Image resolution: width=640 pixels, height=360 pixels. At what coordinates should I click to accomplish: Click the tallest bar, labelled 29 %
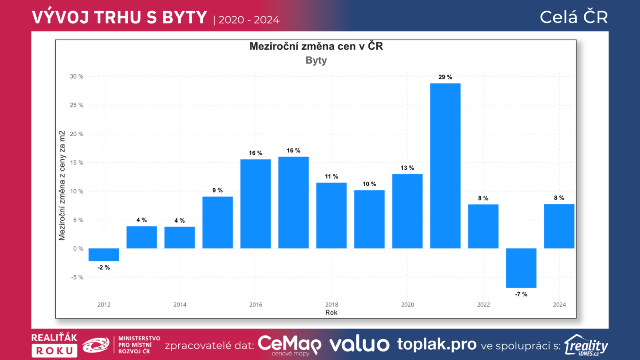(x=445, y=166)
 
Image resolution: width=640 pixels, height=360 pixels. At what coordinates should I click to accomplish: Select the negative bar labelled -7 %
(x=521, y=268)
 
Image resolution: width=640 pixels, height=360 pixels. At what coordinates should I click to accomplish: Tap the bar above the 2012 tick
(x=104, y=254)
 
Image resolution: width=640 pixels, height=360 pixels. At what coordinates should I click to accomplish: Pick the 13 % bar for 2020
(x=407, y=211)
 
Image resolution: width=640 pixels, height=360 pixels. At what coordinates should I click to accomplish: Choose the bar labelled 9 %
(x=217, y=222)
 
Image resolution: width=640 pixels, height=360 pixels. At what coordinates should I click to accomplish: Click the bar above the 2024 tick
(x=559, y=226)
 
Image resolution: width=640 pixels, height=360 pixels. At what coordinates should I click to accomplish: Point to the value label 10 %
(x=369, y=184)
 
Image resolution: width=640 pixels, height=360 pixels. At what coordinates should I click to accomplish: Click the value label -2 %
(x=104, y=268)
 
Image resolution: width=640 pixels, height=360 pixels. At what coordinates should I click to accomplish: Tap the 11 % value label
(x=331, y=176)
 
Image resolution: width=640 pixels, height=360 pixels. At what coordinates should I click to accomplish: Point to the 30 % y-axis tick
(x=76, y=76)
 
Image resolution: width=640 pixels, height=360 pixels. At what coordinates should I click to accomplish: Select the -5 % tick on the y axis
(x=77, y=277)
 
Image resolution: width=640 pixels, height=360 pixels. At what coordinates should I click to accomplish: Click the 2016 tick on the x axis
(x=256, y=305)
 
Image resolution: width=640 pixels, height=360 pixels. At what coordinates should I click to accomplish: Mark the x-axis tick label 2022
(x=483, y=305)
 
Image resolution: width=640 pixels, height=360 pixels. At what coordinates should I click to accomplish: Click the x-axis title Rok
(x=331, y=313)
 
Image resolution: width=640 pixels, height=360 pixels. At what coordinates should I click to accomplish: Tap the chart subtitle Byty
(x=316, y=60)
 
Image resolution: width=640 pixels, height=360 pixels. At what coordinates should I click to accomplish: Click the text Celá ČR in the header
(x=574, y=17)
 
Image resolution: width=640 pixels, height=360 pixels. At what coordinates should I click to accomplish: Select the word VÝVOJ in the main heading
(x=60, y=18)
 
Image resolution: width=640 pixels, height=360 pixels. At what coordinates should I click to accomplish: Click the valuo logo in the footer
(x=359, y=344)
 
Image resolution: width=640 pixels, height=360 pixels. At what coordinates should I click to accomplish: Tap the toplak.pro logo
(x=437, y=344)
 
